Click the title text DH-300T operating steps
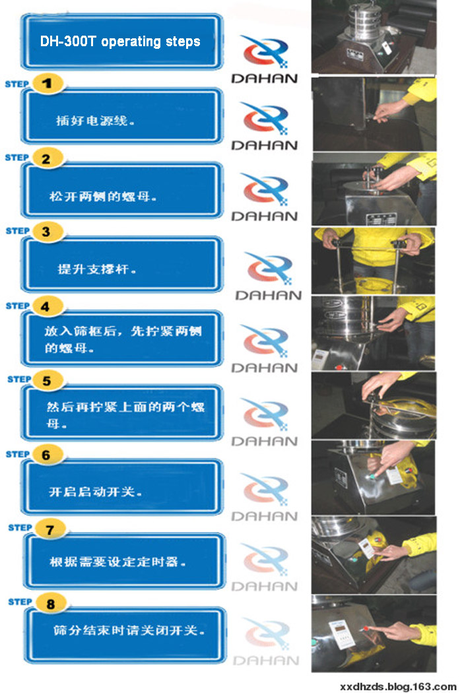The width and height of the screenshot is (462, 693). tap(120, 42)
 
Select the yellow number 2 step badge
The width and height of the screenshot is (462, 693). tap(46, 158)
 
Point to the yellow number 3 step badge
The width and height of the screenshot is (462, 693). tap(46, 232)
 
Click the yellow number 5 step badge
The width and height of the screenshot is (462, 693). tap(47, 380)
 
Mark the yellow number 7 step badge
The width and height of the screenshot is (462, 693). tap(48, 529)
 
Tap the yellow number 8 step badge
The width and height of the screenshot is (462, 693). tap(48, 603)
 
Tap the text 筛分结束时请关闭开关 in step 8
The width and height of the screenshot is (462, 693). tap(125, 630)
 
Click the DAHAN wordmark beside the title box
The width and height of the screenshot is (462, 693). tap(264, 79)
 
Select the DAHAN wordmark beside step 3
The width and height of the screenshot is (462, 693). tap(268, 295)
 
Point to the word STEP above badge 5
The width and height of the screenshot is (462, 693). tap(19, 379)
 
